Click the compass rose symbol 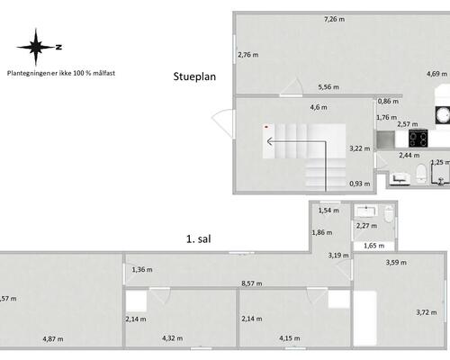click(36, 47)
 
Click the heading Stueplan click(194, 76)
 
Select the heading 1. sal click(199, 239)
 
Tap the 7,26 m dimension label click(335, 19)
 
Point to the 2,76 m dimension click(248, 55)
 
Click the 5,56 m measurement click(328, 87)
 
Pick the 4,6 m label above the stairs click(319, 107)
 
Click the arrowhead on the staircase click(269, 141)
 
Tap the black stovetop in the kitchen click(418, 139)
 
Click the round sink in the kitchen click(443, 115)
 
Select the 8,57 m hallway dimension click(252, 283)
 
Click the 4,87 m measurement click(53, 339)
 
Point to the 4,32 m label click(173, 338)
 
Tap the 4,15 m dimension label click(290, 338)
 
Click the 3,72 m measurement click(427, 312)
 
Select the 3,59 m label click(396, 263)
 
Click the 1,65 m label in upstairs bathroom click(373, 246)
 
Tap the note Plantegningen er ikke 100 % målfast click(61, 73)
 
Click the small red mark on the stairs click(266, 127)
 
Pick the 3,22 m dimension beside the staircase click(360, 148)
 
